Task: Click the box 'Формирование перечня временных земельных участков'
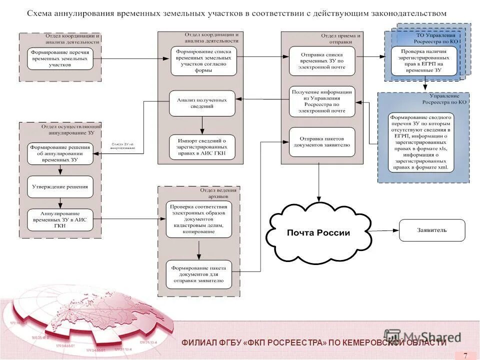click(60, 58)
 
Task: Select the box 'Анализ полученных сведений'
click(202, 103)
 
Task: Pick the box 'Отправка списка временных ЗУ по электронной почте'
click(322, 61)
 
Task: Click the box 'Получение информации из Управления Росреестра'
click(322, 101)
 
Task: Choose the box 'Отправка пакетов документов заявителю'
click(322, 141)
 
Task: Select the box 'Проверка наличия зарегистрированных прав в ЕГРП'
click(424, 60)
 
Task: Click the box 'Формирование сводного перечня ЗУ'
click(421, 142)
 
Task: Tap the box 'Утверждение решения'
click(60, 187)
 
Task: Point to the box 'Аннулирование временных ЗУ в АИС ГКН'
click(60, 219)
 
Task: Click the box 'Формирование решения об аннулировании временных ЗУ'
click(60, 153)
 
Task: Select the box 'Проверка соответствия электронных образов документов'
click(199, 219)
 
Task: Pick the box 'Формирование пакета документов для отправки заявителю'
click(199, 274)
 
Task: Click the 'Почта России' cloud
click(318, 232)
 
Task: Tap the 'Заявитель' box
click(432, 230)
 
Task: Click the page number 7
click(465, 355)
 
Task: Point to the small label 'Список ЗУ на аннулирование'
click(122, 146)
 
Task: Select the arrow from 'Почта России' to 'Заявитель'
click(385, 230)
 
